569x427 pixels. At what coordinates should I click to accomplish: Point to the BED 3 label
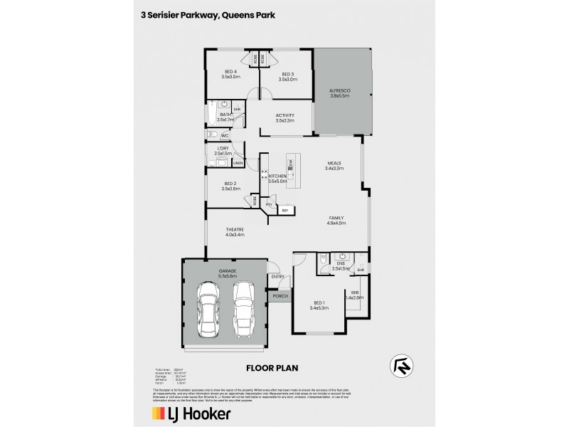pos(287,75)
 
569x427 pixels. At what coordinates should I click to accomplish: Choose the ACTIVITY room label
pos(284,117)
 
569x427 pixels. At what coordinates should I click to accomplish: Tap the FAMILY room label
pos(336,220)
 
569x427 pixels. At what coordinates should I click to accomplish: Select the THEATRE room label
pos(235,231)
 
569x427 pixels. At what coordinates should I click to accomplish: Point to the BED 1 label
pos(318,305)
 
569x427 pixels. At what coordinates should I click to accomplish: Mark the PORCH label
pos(279,295)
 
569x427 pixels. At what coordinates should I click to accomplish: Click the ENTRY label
pos(277,277)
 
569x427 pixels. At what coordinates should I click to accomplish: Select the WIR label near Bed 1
pos(353,295)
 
